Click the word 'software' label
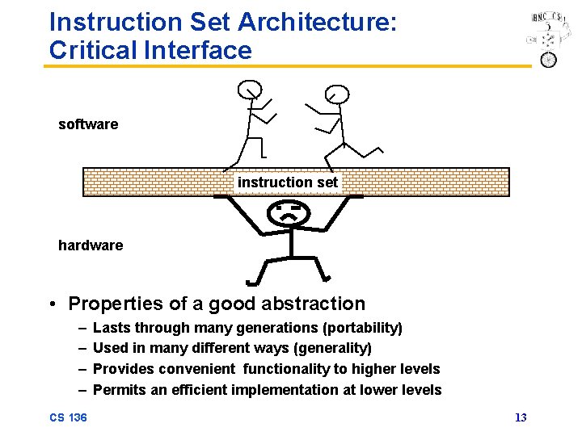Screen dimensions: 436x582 click(88, 124)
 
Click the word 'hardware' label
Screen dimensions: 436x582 click(91, 245)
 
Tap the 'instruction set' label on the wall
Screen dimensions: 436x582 click(288, 182)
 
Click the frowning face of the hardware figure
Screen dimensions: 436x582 click(288, 214)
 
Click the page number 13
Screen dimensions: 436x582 click(521, 417)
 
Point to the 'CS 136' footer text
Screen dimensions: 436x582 click(68, 417)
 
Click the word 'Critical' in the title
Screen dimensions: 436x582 click(92, 50)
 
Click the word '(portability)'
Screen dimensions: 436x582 click(361, 328)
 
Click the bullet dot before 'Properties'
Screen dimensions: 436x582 click(52, 304)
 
